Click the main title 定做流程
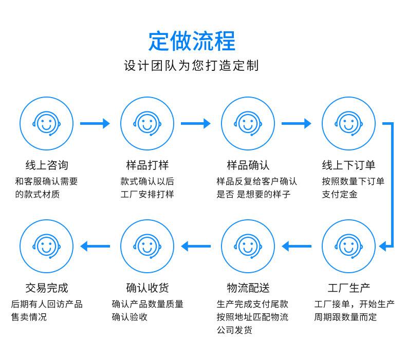[192, 41]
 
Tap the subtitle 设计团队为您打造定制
[191, 66]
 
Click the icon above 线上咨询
[46, 124]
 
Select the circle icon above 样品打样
[147, 124]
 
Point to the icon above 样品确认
[248, 124]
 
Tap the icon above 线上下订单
[348, 124]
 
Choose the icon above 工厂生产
[348, 247]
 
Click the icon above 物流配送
[248, 247]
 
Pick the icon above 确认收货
[147, 247]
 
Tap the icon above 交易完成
[46, 247]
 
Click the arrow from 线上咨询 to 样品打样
[96, 124]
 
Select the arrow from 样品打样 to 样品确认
[196, 124]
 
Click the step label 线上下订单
[348, 165]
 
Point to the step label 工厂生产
[348, 288]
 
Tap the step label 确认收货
[147, 288]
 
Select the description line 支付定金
[339, 195]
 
